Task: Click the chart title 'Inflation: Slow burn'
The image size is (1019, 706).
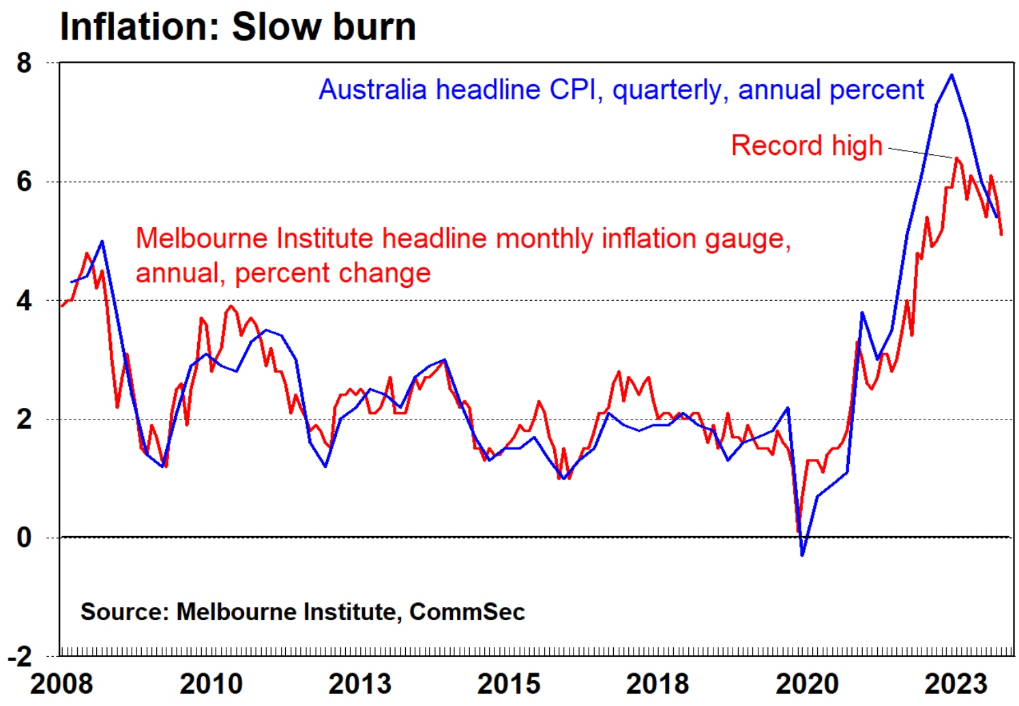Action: point(237,27)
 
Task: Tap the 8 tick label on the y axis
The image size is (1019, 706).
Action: point(25,63)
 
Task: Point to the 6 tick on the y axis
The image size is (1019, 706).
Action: point(25,181)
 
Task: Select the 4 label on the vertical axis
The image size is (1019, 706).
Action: point(25,301)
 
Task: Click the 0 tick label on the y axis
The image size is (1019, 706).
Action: point(25,538)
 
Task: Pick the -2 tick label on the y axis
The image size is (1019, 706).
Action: point(20,657)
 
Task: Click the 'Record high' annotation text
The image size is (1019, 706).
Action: point(806,146)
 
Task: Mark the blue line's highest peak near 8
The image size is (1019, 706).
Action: point(951,75)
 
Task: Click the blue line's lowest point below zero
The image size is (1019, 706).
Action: point(802,555)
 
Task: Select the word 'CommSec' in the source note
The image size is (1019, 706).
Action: point(467,612)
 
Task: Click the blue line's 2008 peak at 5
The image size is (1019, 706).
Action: point(102,241)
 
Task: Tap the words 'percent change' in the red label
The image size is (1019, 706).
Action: point(333,274)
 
